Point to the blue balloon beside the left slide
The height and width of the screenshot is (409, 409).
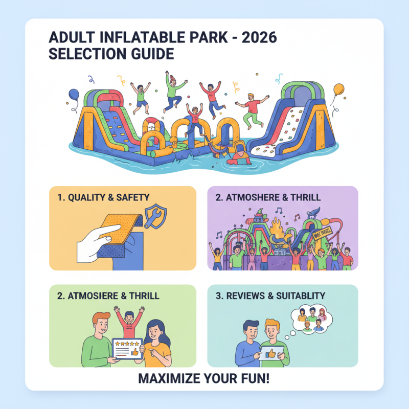[x=74, y=96]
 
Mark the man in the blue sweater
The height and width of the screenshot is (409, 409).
[x=248, y=345]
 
